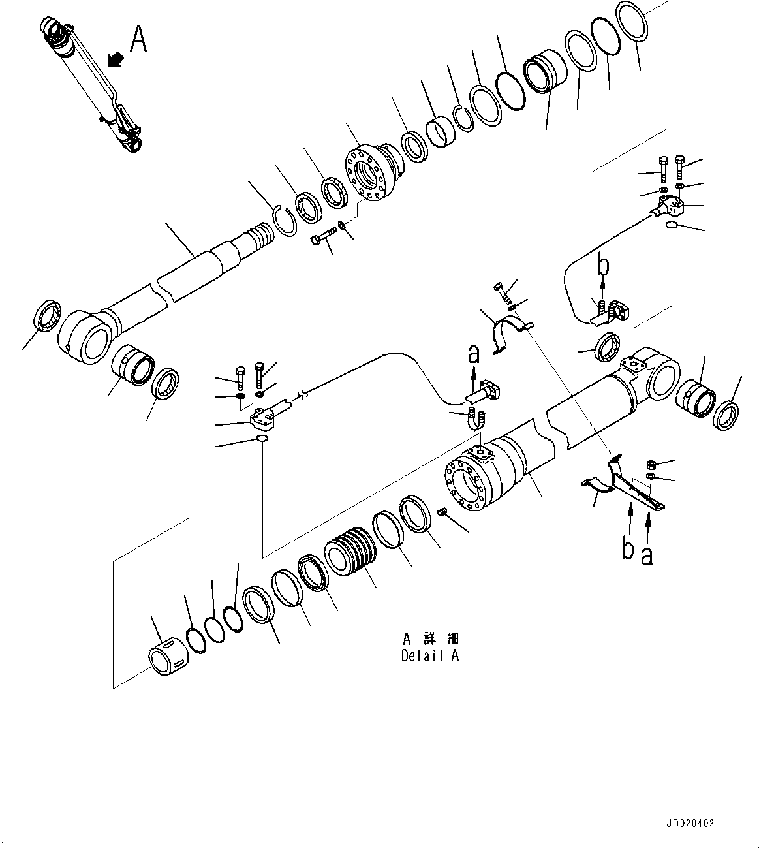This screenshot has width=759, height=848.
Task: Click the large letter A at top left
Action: point(138,39)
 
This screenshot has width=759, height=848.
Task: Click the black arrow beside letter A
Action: point(116,60)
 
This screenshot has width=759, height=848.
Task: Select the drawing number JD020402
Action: point(691,823)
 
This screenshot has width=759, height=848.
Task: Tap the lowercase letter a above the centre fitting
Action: point(474,354)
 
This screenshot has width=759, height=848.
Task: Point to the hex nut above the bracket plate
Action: point(650,465)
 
